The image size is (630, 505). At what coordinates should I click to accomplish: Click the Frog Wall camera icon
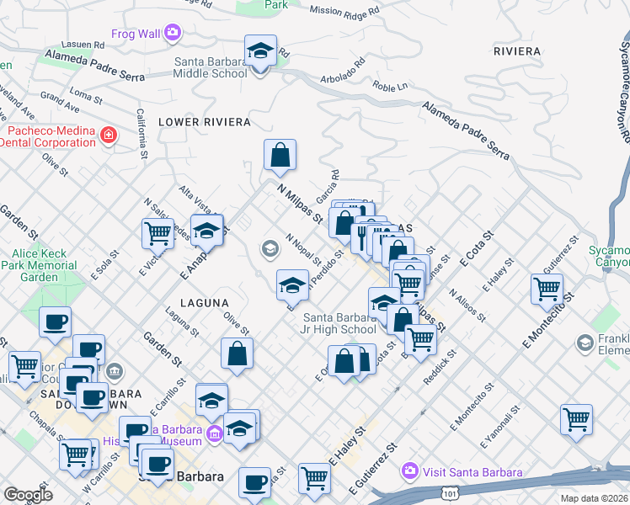click(172, 33)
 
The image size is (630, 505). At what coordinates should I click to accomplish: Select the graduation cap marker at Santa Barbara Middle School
click(261, 52)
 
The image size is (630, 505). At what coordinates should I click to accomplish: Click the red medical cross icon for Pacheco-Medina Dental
click(108, 135)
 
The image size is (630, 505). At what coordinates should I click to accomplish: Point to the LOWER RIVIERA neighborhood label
click(205, 122)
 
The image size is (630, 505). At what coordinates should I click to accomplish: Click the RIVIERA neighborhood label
click(517, 51)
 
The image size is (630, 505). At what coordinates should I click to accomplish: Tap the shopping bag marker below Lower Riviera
click(280, 156)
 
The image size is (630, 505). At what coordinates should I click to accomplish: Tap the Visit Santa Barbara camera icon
click(410, 469)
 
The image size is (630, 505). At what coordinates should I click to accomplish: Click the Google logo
click(28, 495)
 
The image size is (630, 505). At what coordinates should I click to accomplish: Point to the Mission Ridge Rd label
click(344, 11)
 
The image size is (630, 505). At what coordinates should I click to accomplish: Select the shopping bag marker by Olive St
click(238, 353)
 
